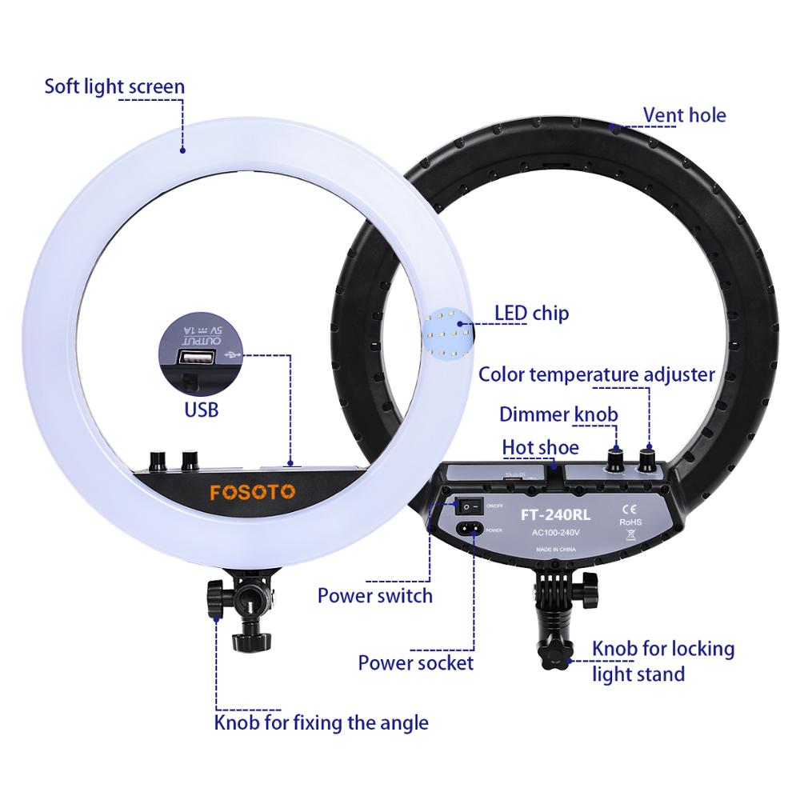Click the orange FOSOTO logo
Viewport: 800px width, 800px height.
(x=252, y=491)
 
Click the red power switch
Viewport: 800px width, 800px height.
(x=472, y=506)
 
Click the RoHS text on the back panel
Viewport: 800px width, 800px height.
(x=630, y=522)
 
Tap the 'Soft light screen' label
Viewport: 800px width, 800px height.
(x=114, y=86)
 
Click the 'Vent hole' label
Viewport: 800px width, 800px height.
(x=685, y=115)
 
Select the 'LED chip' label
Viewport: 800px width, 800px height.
(x=531, y=313)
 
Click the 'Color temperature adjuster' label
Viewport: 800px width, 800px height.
(x=596, y=374)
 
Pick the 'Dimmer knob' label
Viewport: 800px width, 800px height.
(x=558, y=414)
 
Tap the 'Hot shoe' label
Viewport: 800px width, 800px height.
(x=540, y=447)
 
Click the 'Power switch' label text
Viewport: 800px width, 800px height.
(x=374, y=595)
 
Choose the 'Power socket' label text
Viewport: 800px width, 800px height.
(x=415, y=662)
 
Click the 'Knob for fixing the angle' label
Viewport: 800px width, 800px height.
(x=321, y=723)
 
